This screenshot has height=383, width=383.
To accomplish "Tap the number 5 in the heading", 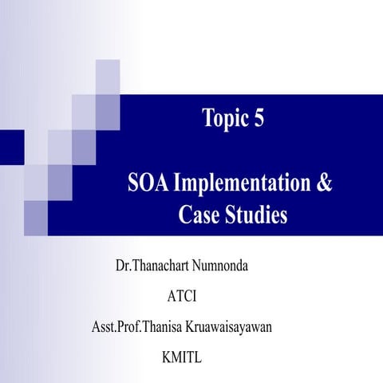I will (x=258, y=119).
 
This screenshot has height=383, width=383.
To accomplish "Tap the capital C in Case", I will (x=182, y=215).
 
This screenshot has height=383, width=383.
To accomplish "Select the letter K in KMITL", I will (x=166, y=358).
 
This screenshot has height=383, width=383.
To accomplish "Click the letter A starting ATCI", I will (x=172, y=297).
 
